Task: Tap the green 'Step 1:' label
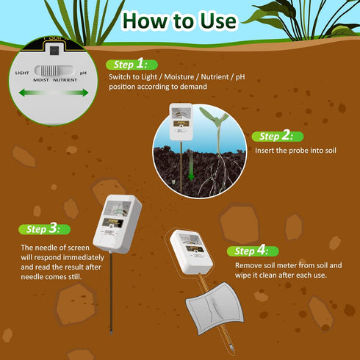[131, 64]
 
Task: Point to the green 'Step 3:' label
[43, 230]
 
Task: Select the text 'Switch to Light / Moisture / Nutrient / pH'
[179, 77]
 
